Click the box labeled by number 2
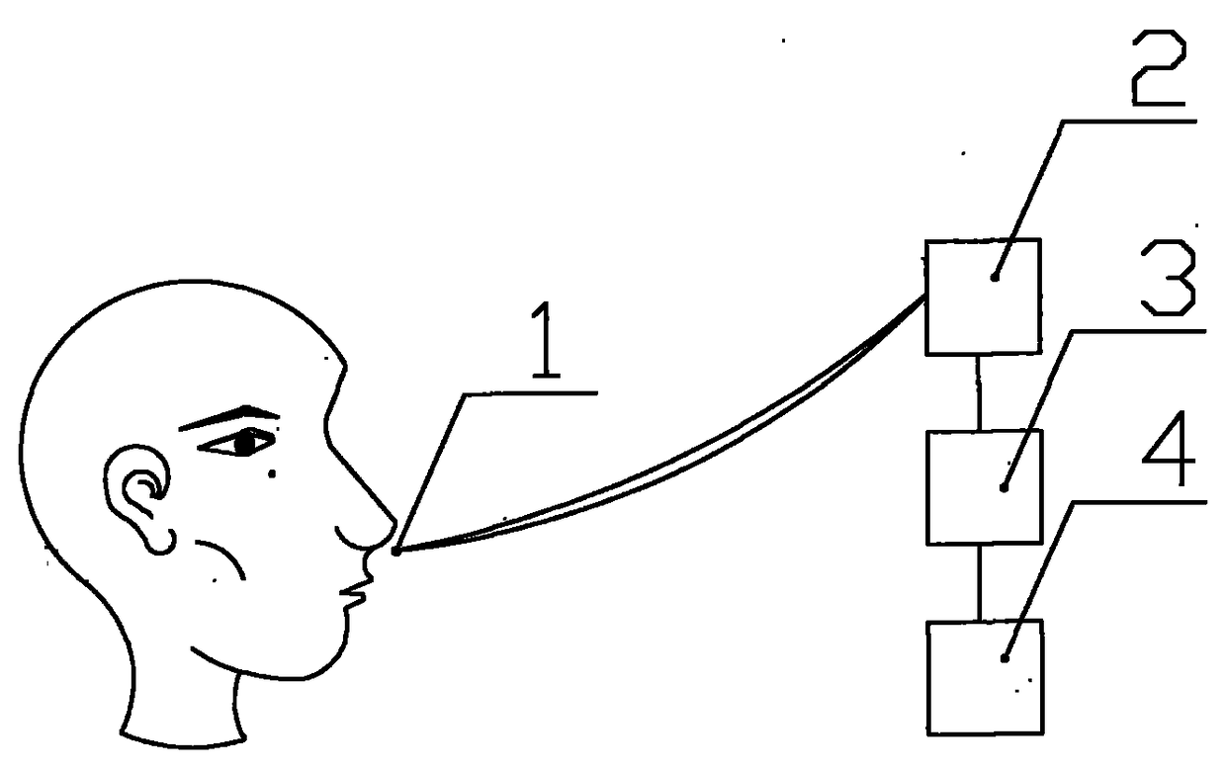pyautogui.click(x=982, y=297)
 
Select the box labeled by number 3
pyautogui.click(x=984, y=486)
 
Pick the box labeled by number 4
pyautogui.click(x=985, y=676)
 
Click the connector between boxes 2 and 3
pyautogui.click(x=979, y=391)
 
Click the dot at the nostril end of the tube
pyautogui.click(x=395, y=552)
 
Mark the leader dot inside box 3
pyautogui.click(x=1004, y=486)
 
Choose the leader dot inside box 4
pyautogui.click(x=1006, y=657)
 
